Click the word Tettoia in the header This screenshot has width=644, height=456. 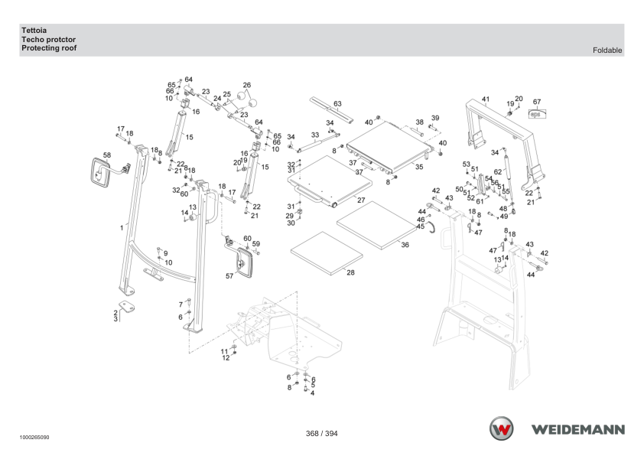34,31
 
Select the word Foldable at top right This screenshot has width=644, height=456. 607,50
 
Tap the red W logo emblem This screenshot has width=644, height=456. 501,428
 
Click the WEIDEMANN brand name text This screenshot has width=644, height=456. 578,430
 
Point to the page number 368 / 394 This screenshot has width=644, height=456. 321,433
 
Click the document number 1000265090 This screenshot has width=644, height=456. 34,438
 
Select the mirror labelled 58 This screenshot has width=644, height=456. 100,173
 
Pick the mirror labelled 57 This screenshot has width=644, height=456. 244,263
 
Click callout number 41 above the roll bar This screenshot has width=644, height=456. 486,99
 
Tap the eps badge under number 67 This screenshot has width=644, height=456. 537,113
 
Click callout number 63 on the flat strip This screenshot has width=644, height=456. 337,104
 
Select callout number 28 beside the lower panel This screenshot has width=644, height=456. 350,272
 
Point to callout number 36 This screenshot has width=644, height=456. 405,245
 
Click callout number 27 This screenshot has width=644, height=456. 361,200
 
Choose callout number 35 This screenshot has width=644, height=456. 419,167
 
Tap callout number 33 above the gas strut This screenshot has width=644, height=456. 315,135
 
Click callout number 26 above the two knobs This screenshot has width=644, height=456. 246,86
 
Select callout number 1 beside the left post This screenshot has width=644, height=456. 122,228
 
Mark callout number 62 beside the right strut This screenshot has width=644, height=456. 498,171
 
